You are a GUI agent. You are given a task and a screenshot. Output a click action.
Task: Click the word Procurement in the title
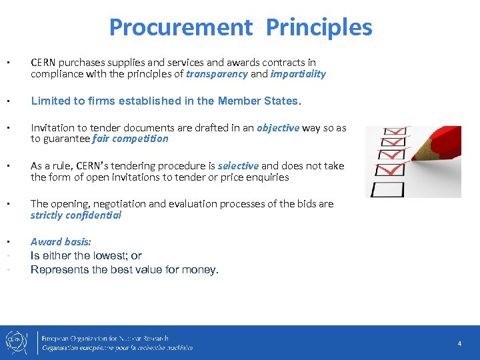[180, 27]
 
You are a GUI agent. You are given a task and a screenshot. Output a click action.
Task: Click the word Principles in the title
[319, 27]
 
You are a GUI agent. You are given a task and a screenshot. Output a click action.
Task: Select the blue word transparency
[217, 74]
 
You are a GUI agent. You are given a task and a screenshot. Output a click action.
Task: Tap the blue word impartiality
[298, 74]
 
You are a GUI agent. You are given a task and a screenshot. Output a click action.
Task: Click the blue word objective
[278, 127]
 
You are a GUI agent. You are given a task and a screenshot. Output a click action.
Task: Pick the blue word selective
[238, 165]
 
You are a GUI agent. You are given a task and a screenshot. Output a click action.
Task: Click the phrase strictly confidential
[75, 215]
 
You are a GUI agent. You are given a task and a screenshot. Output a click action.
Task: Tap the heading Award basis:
[61, 242]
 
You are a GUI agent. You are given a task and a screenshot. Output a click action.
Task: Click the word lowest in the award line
[100, 255]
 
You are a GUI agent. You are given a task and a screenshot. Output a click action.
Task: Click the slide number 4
[459, 343]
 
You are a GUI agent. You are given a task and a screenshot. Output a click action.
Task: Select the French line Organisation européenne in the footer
[117, 347]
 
